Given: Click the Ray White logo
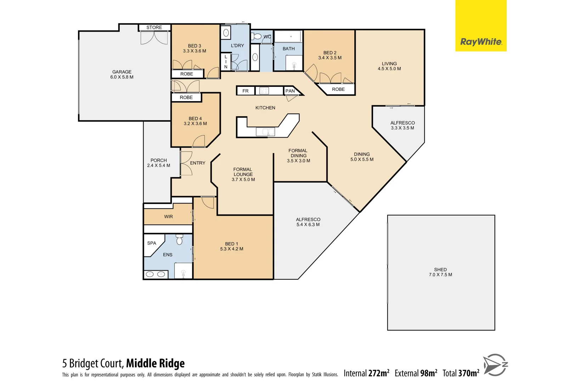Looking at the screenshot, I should (481, 42).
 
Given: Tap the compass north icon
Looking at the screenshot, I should (496, 365).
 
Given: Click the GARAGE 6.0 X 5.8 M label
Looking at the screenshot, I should (122, 74).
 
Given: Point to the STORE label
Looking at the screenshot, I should (154, 27).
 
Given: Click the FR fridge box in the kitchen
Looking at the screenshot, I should (246, 91).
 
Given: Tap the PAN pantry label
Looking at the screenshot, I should (290, 91).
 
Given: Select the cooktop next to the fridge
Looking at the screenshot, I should (264, 91).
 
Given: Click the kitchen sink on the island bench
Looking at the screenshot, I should (266, 132).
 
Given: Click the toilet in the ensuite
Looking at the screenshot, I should (179, 240).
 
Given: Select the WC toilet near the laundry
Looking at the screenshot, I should (257, 36).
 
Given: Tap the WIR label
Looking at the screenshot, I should (169, 217).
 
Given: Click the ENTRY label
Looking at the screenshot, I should (198, 163).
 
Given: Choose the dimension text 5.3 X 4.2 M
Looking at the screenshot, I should (232, 249).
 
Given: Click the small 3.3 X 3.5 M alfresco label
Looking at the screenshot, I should (403, 128).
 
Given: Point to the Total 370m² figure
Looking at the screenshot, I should (461, 373).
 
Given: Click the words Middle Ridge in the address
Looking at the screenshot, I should (155, 363).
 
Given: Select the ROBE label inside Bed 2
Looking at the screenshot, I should (338, 89).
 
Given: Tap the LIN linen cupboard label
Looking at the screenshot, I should (226, 62).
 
